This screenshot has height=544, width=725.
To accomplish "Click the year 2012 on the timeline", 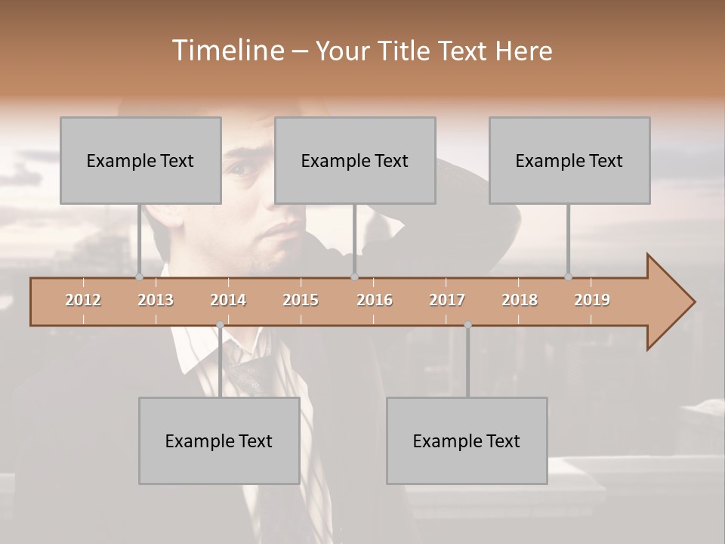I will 83,300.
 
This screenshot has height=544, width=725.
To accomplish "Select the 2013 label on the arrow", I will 156,300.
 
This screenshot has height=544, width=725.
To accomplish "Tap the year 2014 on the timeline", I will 228,300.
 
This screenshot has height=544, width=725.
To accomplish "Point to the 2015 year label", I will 301,300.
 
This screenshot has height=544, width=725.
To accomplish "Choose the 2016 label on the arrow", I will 375,300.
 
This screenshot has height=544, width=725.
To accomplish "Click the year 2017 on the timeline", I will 447,300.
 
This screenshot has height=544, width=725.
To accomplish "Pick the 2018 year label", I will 520,300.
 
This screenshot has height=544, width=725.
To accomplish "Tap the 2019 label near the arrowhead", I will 592,300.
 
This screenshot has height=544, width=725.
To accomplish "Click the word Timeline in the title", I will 227,51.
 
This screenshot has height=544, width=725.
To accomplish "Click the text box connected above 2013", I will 140,160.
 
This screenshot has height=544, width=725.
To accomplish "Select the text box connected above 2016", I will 355,160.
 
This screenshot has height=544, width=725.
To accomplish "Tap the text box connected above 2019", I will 569,160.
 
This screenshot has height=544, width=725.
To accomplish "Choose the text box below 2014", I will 219,440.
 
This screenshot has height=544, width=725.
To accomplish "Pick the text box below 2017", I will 467,440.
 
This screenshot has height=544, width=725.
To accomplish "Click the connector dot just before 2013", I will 139,277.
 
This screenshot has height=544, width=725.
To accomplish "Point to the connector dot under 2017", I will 467,325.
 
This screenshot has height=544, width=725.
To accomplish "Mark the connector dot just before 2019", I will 568,277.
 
